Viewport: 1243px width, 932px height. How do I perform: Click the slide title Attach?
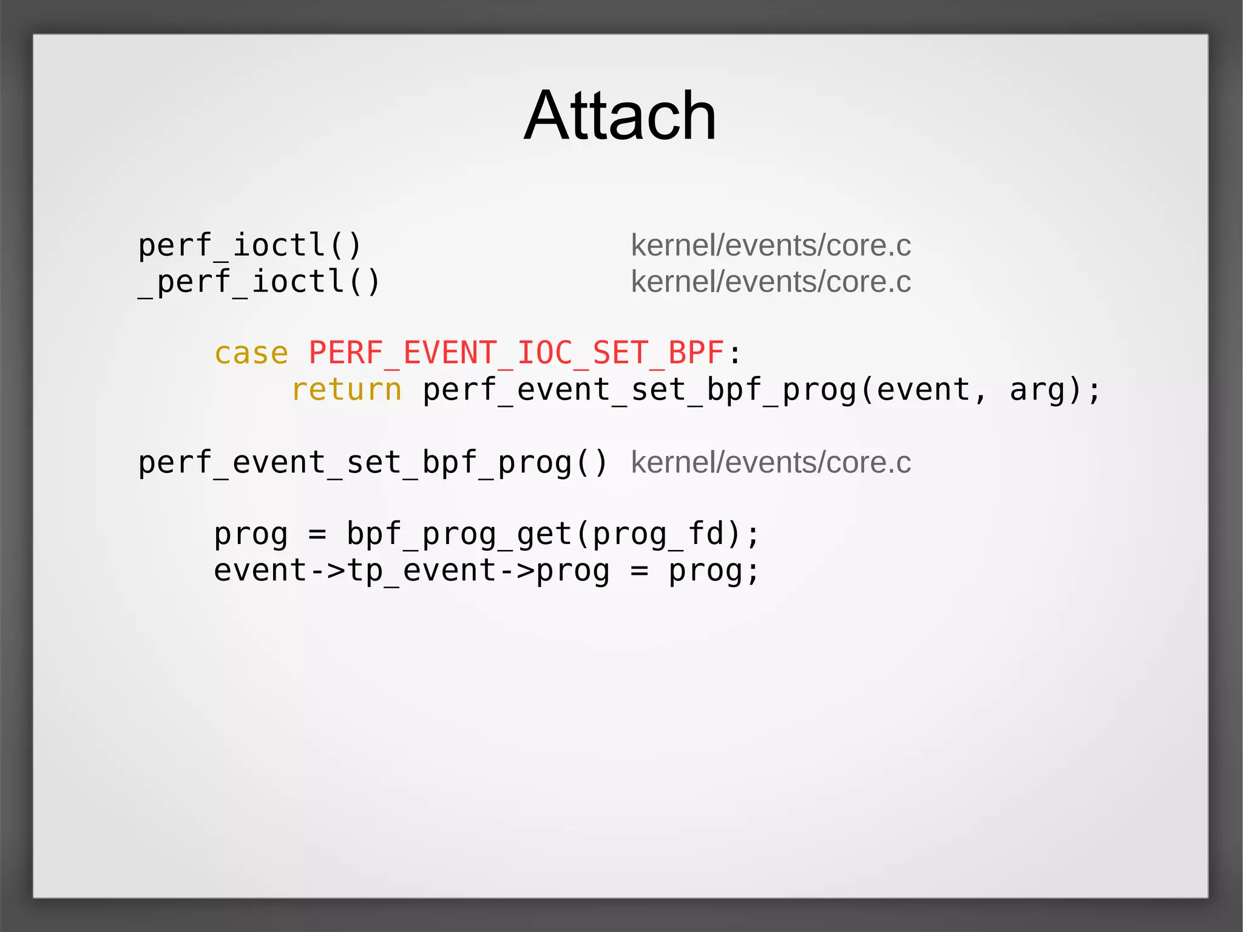pos(620,115)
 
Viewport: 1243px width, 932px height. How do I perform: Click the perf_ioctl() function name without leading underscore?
pos(250,245)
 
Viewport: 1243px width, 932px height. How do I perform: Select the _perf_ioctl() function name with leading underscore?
pos(259,282)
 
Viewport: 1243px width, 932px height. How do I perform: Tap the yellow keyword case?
pos(251,353)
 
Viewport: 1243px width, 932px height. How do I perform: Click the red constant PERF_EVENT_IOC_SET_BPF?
pos(516,353)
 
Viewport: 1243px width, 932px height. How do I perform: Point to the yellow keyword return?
pos(347,390)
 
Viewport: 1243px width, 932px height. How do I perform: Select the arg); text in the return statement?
pos(1055,390)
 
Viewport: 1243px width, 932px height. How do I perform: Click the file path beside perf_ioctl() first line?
pos(771,245)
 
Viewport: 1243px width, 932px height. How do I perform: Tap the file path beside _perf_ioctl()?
pos(771,282)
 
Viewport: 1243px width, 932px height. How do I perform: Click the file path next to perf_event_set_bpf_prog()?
pos(771,463)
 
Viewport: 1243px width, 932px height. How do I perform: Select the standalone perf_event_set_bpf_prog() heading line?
pos(373,463)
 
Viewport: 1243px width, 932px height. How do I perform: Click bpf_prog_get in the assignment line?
pos(459,534)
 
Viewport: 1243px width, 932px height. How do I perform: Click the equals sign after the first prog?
pos(317,535)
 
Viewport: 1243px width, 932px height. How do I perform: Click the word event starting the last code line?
pos(260,571)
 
